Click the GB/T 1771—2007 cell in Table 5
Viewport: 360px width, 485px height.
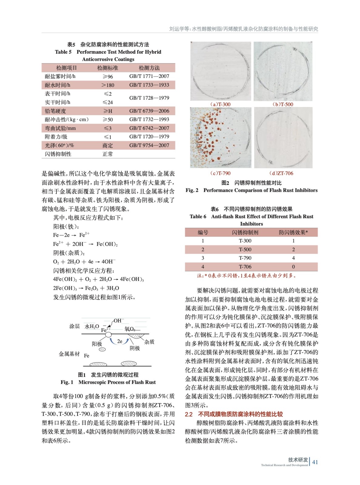[x=149, y=76]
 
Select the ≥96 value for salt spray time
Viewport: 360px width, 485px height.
[x=108, y=77]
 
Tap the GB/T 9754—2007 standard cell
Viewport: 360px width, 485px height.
[x=149, y=145]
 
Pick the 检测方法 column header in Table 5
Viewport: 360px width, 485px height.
[x=149, y=68]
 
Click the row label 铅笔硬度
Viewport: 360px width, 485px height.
[x=56, y=111]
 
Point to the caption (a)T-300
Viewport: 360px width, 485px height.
[x=220, y=104]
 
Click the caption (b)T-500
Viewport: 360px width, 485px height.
[x=283, y=104]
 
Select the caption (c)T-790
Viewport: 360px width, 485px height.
[x=220, y=173]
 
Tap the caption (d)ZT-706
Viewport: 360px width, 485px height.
[x=281, y=173]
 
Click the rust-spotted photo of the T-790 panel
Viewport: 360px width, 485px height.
[x=220, y=138]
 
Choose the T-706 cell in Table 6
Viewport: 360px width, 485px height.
[x=245, y=267]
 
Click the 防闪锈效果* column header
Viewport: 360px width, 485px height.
[x=293, y=232]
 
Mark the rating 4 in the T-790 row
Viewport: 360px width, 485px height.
[x=293, y=258]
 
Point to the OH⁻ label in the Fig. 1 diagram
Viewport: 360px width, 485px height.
[x=119, y=321]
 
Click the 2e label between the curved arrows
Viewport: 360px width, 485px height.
[x=120, y=341]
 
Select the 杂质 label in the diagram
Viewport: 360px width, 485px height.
[x=149, y=342]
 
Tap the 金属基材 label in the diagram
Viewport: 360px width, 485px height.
[x=69, y=354]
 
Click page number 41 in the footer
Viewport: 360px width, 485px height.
[x=315, y=462]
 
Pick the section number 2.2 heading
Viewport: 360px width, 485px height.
[x=189, y=414]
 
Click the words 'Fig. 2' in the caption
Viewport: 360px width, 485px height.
[x=192, y=190]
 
